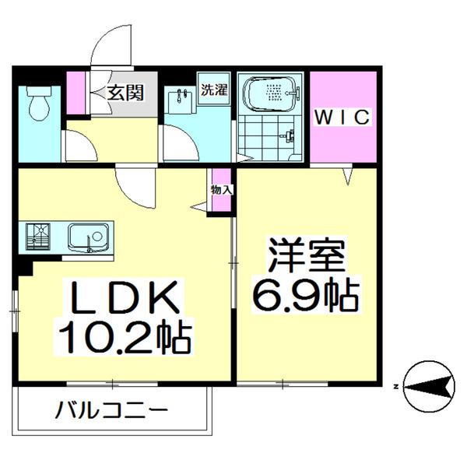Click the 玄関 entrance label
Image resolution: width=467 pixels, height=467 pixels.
[x=125, y=93]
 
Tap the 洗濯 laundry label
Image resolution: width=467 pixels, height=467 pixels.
[x=214, y=89]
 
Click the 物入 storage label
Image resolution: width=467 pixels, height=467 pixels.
[x=220, y=189]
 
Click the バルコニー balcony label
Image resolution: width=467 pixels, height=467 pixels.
[x=113, y=409]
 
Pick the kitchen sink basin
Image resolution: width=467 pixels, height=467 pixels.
[x=88, y=236]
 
